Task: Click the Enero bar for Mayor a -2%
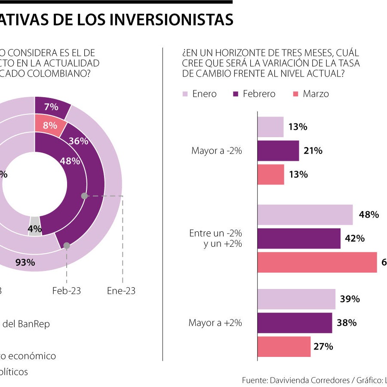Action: tap(270, 127)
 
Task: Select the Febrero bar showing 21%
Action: tap(278, 150)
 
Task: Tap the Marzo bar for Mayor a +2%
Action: tap(284, 347)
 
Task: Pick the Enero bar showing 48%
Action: tap(305, 215)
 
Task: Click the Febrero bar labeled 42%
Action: tap(299, 238)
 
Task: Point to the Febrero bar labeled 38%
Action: tap(295, 322)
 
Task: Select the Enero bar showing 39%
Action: tap(296, 299)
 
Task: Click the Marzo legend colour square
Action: tap(295, 94)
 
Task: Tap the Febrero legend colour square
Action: tap(235, 94)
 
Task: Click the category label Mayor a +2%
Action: tap(215, 322)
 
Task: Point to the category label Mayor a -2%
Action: tap(217, 151)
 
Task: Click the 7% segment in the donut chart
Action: tap(51, 107)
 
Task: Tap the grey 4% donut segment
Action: tap(35, 229)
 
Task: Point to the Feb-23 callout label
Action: tap(67, 291)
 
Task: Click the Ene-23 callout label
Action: tap(121, 291)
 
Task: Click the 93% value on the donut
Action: tap(25, 262)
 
